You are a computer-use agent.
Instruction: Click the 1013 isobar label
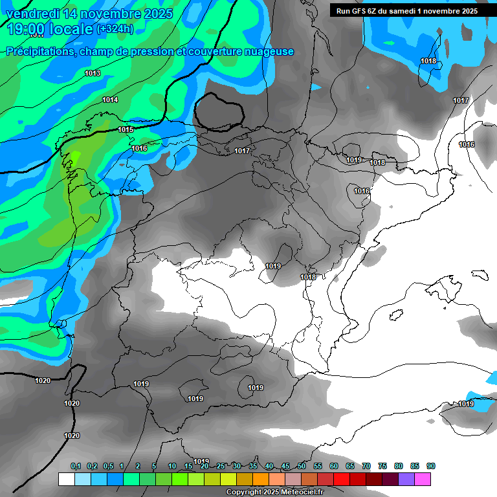[x=93, y=73]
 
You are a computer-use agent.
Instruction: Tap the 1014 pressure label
[x=110, y=100]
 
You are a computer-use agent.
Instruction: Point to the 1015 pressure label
[x=126, y=129]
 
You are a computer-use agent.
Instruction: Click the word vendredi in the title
[x=30, y=13]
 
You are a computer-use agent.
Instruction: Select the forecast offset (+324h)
[x=115, y=29]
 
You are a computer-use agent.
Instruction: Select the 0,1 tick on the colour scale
[x=76, y=466]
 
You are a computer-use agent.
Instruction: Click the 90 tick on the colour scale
[x=431, y=466]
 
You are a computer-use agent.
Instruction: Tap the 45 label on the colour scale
[x=285, y=466]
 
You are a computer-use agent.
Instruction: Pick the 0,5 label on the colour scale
[x=108, y=466]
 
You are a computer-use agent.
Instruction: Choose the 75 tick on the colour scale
[x=382, y=466]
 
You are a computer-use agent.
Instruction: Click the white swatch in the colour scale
[x=66, y=479]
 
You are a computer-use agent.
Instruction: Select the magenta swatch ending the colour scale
[x=423, y=479]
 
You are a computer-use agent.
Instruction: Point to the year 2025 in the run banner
[x=467, y=11]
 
